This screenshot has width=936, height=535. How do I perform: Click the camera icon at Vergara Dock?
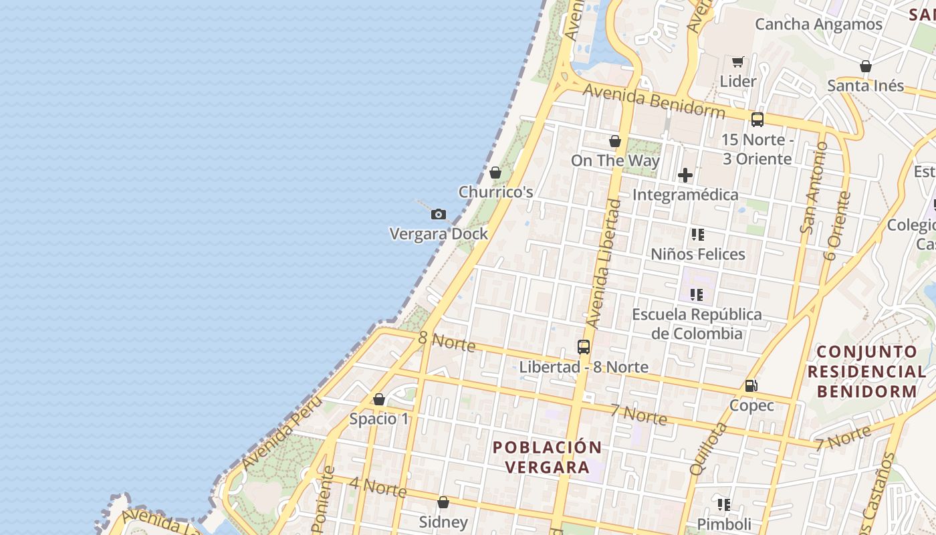point(439,214)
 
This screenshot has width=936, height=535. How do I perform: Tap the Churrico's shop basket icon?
point(495,173)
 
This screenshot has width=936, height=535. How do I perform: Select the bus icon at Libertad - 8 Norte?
point(584,346)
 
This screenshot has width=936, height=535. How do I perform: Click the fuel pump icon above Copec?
point(751,385)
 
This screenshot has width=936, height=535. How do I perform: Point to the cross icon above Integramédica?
point(685,175)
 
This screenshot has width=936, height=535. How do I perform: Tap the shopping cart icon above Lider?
point(738,62)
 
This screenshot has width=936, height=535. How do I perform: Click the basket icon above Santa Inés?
point(866,66)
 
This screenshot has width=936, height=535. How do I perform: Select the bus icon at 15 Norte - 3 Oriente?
point(757,120)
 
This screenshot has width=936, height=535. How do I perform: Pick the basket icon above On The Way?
point(615,141)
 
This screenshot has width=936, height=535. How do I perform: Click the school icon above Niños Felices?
point(698,235)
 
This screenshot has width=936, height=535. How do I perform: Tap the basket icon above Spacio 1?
point(379,399)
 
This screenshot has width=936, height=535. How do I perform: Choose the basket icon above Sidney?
point(443,502)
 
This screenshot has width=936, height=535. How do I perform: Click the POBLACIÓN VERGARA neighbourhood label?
point(547,457)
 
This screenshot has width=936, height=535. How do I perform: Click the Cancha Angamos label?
point(818,24)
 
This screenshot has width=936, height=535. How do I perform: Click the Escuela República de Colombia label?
point(697,324)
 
